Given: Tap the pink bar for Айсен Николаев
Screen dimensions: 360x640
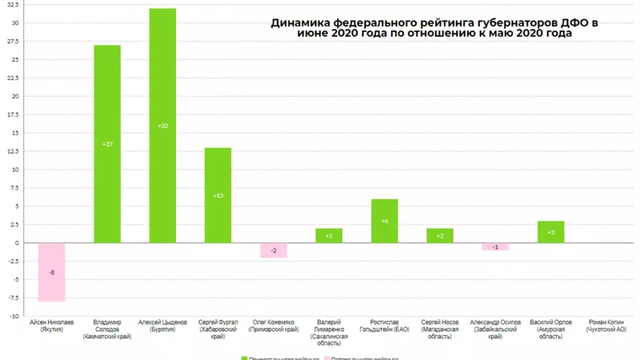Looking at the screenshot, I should pyautogui.click(x=52, y=272).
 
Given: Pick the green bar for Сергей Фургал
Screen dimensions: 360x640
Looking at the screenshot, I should pyautogui.click(x=218, y=176).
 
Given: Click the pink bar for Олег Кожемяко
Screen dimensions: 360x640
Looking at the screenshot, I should pyautogui.click(x=274, y=250).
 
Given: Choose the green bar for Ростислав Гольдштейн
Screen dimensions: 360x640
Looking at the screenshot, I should pyautogui.click(x=385, y=221).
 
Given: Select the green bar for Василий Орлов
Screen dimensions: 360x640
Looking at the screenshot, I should pyautogui.click(x=550, y=232).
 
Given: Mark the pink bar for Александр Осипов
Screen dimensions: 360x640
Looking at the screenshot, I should pyautogui.click(x=495, y=246).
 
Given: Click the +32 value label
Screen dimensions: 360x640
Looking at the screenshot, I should pyautogui.click(x=162, y=126).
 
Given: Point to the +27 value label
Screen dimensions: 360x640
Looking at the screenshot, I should pyautogui.click(x=107, y=144).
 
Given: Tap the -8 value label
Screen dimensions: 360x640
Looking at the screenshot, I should pyautogui.click(x=52, y=273).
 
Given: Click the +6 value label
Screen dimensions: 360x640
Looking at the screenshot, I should pyautogui.click(x=385, y=221).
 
